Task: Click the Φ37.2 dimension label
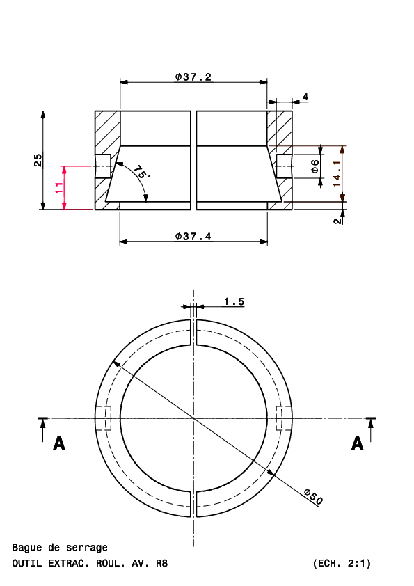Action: tap(193, 77)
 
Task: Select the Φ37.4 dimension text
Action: tap(193, 237)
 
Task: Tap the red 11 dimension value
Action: tap(59, 188)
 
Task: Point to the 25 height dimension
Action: tap(38, 160)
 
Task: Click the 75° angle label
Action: tap(141, 173)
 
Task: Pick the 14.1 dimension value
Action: tap(337, 174)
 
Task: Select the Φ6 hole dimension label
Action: tap(315, 166)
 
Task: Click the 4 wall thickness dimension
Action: tap(305, 97)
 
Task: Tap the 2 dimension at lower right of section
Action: tap(337, 221)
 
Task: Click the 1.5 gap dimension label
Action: tap(234, 301)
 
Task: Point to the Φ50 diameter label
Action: tap(312, 497)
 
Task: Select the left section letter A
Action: tap(59, 443)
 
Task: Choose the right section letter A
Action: tap(357, 443)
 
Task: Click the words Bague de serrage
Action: tap(60, 548)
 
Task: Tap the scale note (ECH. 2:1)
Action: tap(342, 563)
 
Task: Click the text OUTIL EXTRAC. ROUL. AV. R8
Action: tap(90, 563)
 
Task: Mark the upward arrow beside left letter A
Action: tap(43, 430)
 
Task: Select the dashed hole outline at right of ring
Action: tap(284, 418)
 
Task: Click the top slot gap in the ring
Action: tap(193, 333)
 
